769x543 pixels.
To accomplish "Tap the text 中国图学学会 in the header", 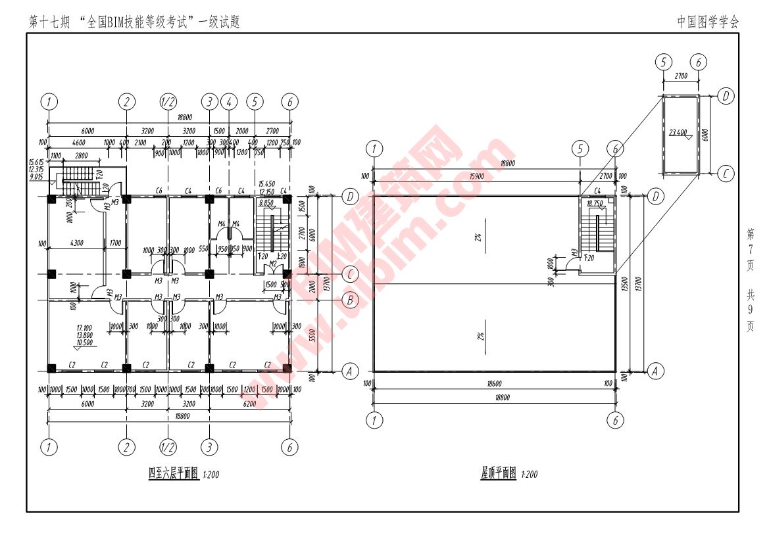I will tap(708, 22).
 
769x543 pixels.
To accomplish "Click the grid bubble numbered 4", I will tap(229, 102).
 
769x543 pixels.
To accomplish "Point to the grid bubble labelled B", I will tap(350, 300).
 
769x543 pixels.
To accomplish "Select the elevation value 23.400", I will tap(678, 132).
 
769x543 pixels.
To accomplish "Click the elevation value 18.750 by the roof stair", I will tap(594, 204).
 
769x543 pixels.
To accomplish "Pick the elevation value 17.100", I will tap(84, 327).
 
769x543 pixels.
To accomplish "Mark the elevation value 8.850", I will tap(266, 203).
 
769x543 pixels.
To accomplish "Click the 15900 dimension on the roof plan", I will tap(474, 176).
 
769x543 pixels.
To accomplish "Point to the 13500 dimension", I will tap(623, 283).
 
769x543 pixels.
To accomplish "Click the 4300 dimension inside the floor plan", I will tap(76, 243).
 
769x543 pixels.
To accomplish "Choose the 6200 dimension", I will tap(249, 404).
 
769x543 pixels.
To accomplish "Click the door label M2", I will tap(271, 264).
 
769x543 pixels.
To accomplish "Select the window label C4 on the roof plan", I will tap(597, 191).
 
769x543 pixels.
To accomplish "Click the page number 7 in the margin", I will tap(750, 249).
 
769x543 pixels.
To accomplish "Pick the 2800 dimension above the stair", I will tap(82, 155).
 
